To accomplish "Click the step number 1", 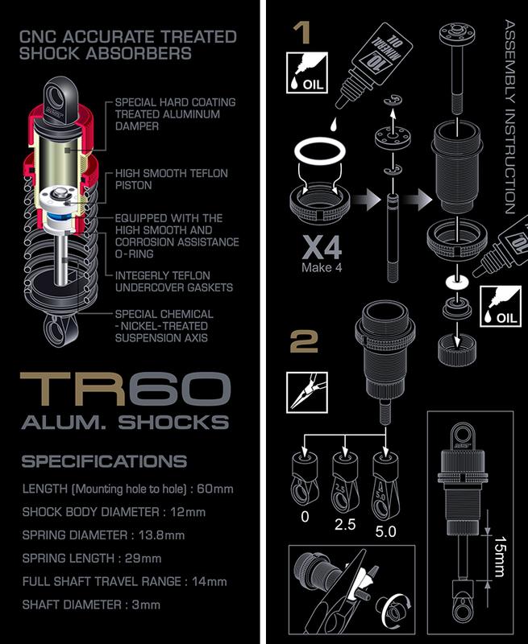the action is (x=304, y=33).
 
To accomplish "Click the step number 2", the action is (x=304, y=341).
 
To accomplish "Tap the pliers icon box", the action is (x=307, y=392).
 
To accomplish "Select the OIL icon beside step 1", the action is (x=307, y=72).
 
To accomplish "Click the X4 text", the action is (x=322, y=248).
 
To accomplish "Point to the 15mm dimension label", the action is (x=500, y=556).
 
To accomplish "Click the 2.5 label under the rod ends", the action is (x=344, y=525).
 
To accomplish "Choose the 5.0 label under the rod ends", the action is (x=385, y=531).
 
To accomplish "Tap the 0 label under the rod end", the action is (x=305, y=516).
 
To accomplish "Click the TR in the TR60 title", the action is (x=73, y=389).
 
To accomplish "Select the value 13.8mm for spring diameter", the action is (x=161, y=535).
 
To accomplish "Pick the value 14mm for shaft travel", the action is (x=210, y=581).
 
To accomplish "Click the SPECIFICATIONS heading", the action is (x=105, y=461).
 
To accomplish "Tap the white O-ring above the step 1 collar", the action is (x=319, y=151).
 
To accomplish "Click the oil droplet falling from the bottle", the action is (x=333, y=124).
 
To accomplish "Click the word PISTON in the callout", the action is (x=133, y=185).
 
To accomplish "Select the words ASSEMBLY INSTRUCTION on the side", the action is (x=510, y=117).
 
